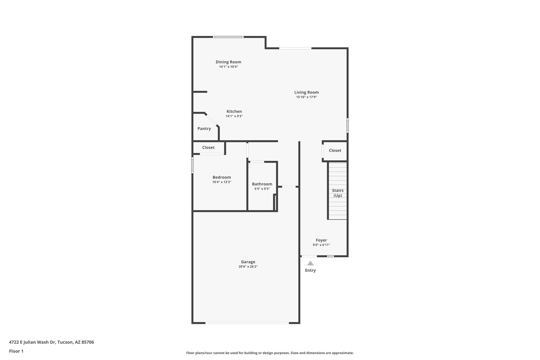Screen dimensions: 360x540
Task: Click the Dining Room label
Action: tap(228, 62)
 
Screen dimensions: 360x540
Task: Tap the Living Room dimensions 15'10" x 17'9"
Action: tap(306, 97)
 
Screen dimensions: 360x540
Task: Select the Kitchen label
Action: tap(234, 111)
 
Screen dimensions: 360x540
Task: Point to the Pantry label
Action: tap(204, 129)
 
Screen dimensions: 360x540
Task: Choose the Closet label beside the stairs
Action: tap(335, 150)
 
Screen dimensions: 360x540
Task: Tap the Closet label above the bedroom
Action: tap(208, 147)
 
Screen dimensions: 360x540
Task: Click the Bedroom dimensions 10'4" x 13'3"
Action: tap(222, 182)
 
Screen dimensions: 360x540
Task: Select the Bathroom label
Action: tap(262, 184)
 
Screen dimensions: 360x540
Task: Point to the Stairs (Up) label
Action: tap(337, 193)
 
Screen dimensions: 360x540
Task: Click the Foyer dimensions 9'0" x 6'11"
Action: tap(321, 245)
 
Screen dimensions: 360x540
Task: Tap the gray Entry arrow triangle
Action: tap(310, 263)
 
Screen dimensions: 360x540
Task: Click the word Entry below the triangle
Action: tap(310, 270)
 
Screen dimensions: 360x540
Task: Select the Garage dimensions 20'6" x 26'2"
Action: tap(248, 267)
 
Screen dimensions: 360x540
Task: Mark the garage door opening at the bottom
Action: tap(247, 323)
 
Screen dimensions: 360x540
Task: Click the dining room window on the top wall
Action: tap(228, 37)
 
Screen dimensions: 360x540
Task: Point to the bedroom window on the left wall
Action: tap(192, 165)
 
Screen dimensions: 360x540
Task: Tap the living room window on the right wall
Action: tap(348, 125)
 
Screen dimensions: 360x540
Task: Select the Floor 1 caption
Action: tap(16, 351)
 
